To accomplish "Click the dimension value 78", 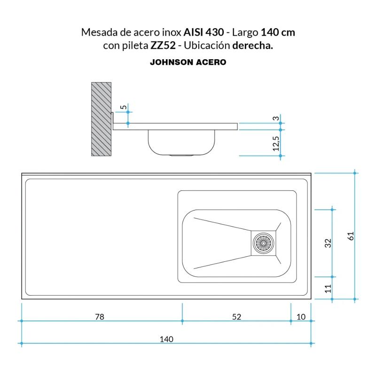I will [99, 317].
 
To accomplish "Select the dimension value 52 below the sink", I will [236, 317].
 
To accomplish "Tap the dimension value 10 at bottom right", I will [301, 317].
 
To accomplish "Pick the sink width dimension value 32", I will [328, 243].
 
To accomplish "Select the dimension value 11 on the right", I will [328, 288].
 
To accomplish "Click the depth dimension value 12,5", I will [276, 143].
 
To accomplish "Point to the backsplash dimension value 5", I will [123, 108].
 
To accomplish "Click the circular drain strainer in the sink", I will [263, 243].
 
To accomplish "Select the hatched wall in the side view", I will [101, 119].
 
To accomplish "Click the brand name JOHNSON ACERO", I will [188, 62].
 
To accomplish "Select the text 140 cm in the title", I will [278, 33].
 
